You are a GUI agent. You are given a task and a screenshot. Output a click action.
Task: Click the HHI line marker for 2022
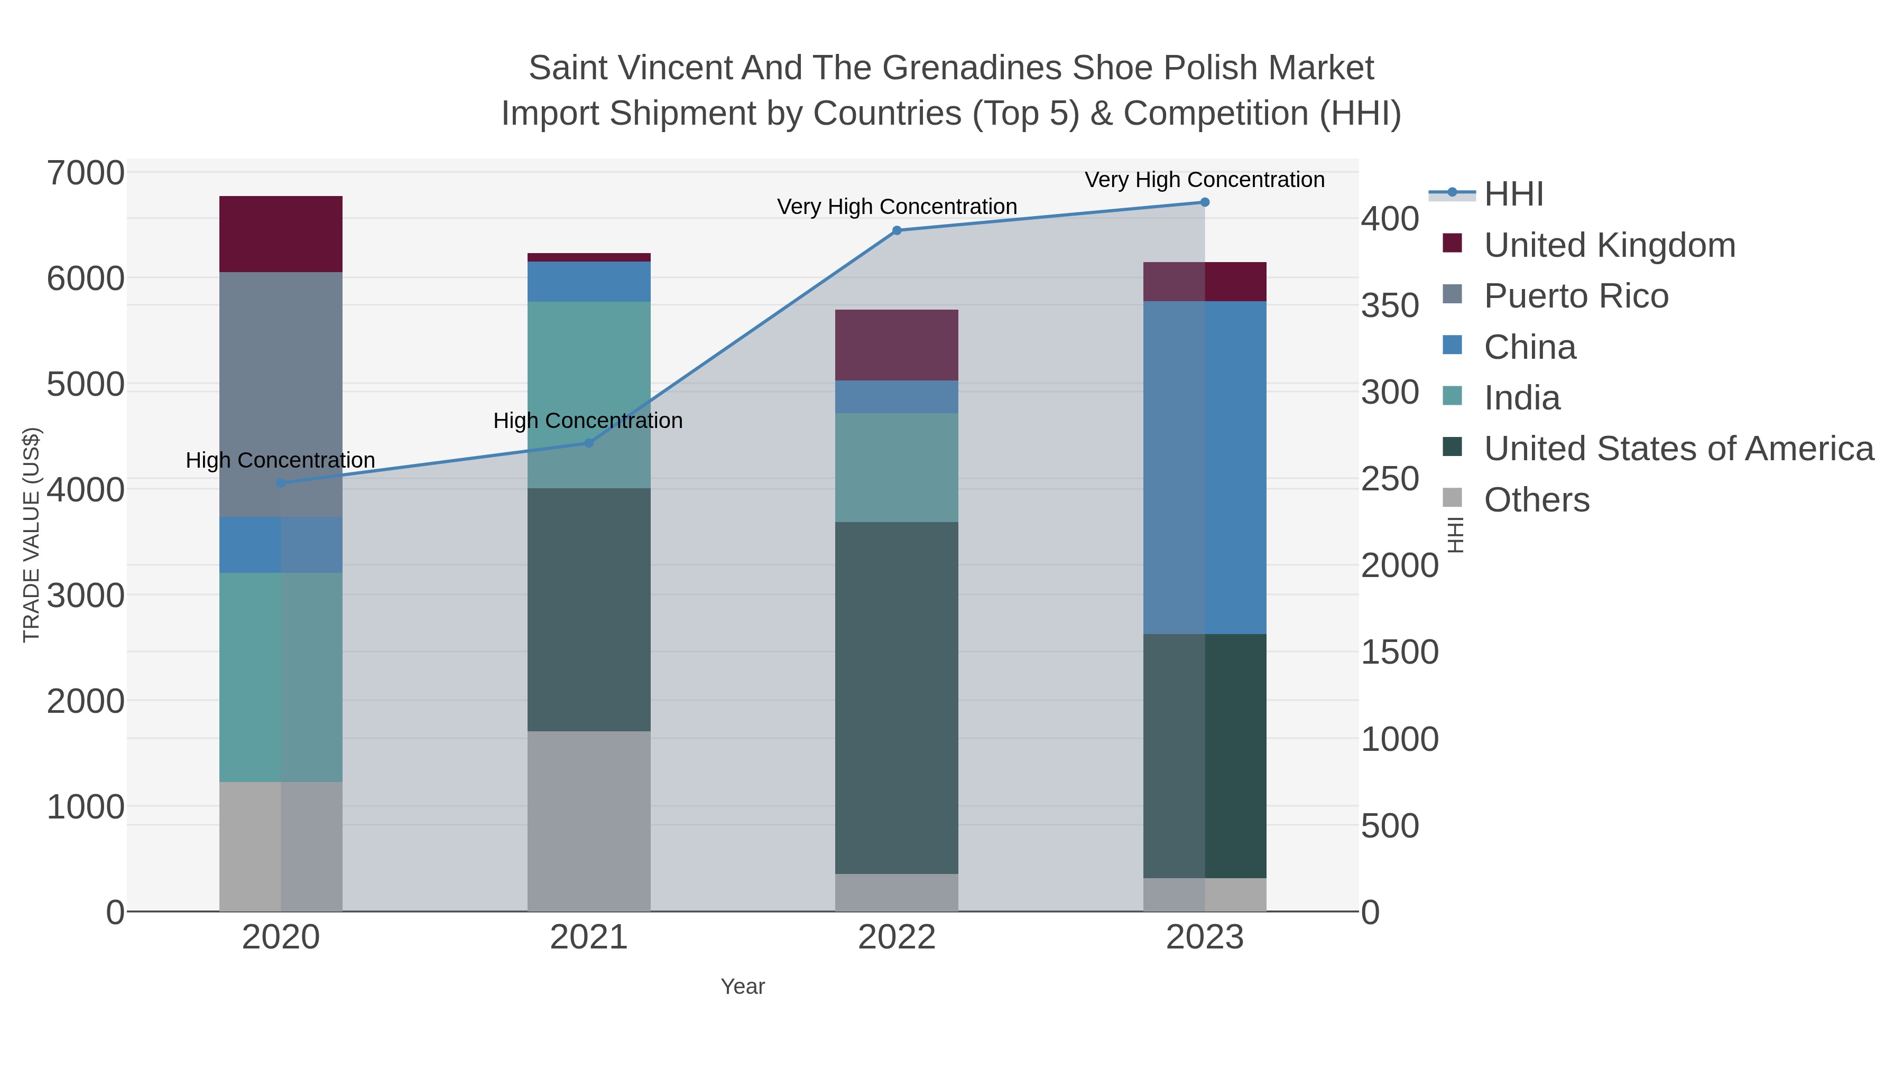(897, 230)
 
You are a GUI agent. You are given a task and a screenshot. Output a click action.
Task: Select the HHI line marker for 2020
(281, 483)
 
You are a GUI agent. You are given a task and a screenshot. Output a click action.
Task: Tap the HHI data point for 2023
(1205, 202)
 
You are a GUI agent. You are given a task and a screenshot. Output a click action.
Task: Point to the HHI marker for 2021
(589, 443)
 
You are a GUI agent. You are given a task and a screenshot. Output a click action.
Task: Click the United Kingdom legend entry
(1609, 245)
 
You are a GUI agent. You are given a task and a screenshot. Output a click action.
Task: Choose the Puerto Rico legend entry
(1576, 296)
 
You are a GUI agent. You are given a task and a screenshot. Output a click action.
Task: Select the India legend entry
(1522, 398)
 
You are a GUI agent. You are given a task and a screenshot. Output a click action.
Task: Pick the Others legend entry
(1537, 500)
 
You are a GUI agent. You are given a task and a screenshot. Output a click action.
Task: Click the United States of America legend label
(1678, 449)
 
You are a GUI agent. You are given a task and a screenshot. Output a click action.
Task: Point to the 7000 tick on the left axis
(86, 173)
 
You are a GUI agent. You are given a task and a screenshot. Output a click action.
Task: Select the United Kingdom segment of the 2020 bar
(281, 234)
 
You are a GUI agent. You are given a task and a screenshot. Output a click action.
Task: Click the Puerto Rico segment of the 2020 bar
(281, 394)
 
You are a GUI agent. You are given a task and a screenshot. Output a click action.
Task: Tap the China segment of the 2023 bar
(1205, 468)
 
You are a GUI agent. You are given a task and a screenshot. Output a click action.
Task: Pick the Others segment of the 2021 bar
(589, 821)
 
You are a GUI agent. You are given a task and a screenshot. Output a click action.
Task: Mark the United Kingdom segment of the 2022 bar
(897, 345)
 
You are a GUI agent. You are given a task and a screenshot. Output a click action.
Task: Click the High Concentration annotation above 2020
(281, 460)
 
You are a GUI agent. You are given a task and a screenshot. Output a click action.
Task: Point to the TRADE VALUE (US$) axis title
(31, 535)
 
